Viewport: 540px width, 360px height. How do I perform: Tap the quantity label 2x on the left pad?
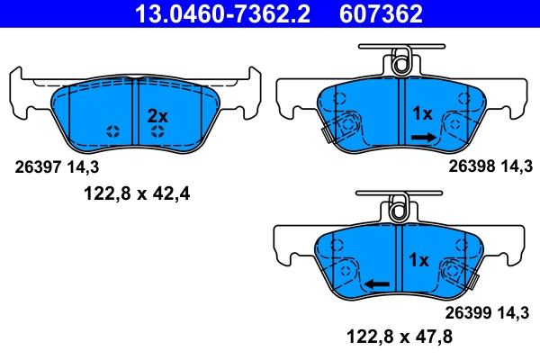pyautogui.click(x=157, y=115)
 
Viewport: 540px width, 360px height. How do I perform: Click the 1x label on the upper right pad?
pyautogui.click(x=422, y=113)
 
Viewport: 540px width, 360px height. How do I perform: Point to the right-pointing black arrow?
pyautogui.click(x=423, y=137)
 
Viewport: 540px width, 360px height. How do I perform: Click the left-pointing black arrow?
pyautogui.click(x=376, y=283)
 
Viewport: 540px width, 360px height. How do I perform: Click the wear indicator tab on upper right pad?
pyautogui.click(x=327, y=133)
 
